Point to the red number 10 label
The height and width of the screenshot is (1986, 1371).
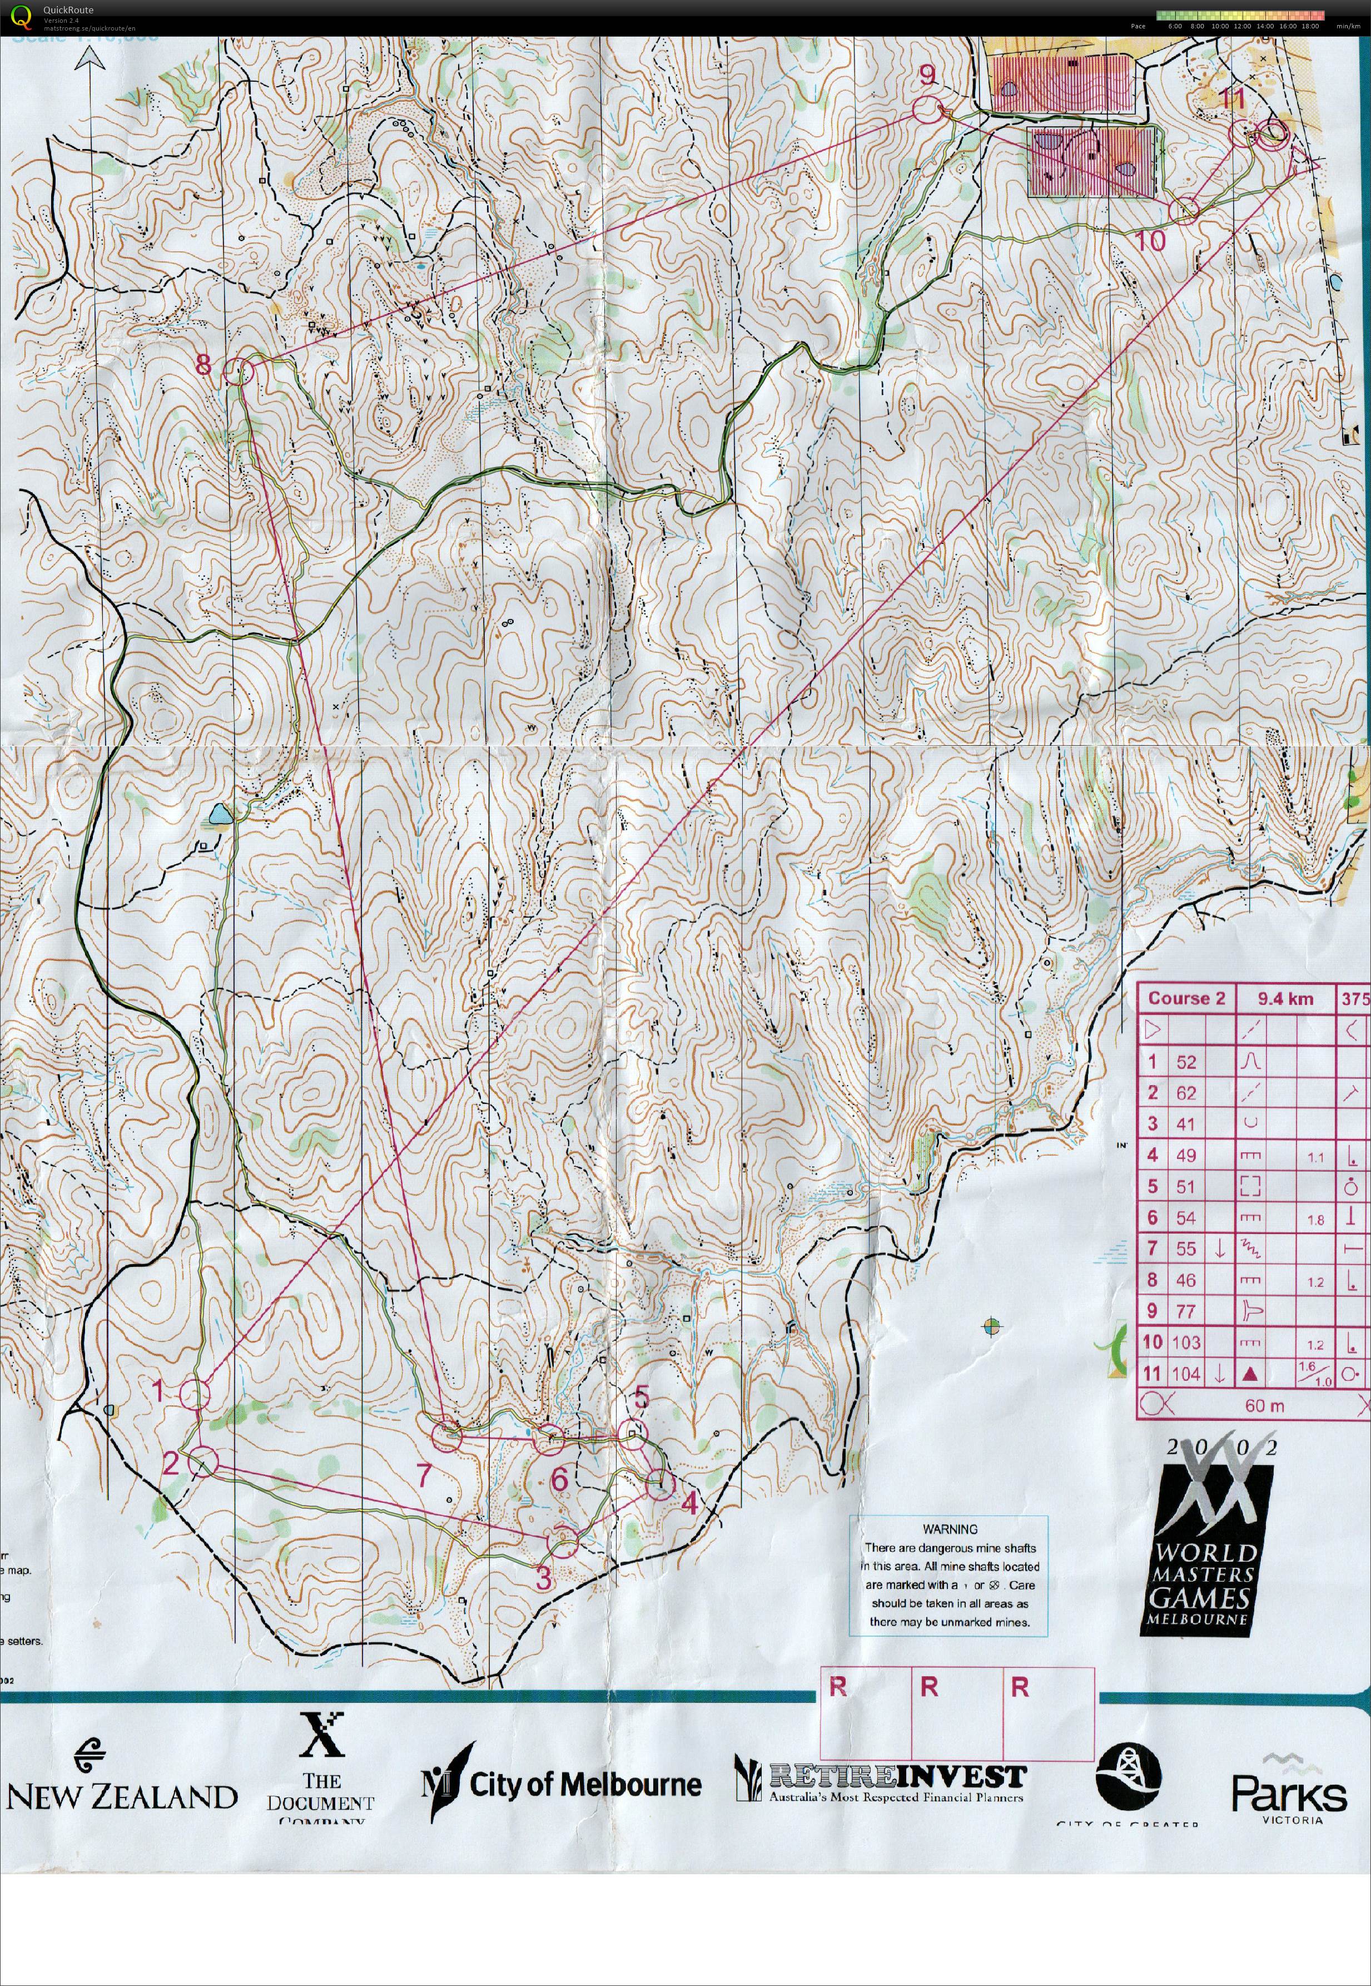click(x=1150, y=241)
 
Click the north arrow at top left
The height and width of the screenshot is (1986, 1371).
click(x=90, y=60)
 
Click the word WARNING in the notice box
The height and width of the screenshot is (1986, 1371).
click(x=949, y=1529)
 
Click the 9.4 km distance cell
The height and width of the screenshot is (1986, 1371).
click(x=1285, y=999)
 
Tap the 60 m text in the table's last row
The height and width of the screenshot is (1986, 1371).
click(x=1264, y=1406)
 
